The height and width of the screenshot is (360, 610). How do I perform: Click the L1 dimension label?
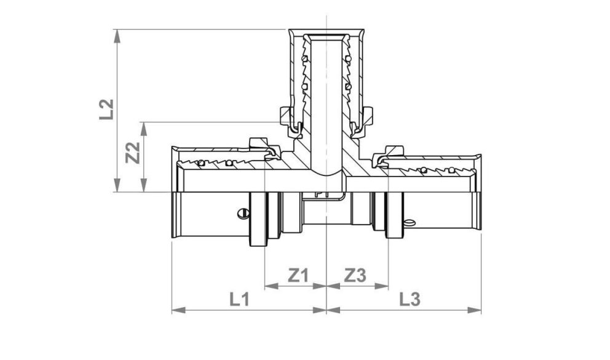point(239,300)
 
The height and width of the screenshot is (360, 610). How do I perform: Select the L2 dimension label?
point(106,109)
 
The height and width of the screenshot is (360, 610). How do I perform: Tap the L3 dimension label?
point(410,300)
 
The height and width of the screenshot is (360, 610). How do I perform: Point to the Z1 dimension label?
point(298,276)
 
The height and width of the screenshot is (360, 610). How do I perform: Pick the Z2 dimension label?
point(133,153)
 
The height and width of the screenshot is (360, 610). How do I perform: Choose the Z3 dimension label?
point(355,276)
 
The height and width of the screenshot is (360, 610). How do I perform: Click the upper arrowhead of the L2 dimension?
point(117,36)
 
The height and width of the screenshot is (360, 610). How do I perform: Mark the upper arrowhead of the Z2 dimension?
point(144,129)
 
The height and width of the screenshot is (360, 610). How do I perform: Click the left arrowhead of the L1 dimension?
point(178,310)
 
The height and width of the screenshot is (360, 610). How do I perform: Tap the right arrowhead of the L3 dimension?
point(475,310)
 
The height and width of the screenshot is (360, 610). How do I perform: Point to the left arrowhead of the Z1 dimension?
point(271,286)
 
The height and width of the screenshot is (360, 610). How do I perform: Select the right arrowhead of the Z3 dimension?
point(382,286)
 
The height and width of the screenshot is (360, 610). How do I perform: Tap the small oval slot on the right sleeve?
point(410,223)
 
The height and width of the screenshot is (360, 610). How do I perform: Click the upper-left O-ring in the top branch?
point(305,58)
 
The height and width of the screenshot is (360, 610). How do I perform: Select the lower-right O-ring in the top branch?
point(348,86)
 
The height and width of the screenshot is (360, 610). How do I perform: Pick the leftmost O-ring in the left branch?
point(201,162)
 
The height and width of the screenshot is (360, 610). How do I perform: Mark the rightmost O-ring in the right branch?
point(451,170)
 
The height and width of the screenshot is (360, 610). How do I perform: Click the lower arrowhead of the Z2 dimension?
point(144,185)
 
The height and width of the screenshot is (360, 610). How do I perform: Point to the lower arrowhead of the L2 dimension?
point(117,185)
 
